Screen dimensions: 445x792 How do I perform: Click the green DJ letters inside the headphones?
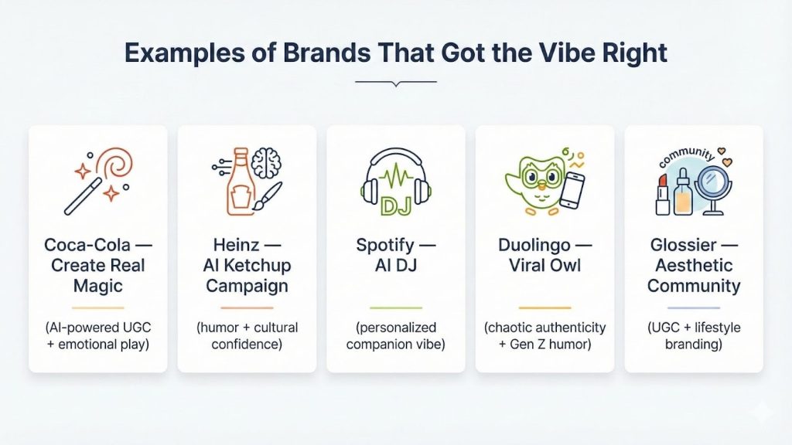[x=395, y=205]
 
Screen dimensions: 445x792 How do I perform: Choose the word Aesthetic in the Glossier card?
[x=693, y=266]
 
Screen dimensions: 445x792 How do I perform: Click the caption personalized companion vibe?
[x=395, y=335]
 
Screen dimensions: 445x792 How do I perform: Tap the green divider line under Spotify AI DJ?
[x=395, y=307]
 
